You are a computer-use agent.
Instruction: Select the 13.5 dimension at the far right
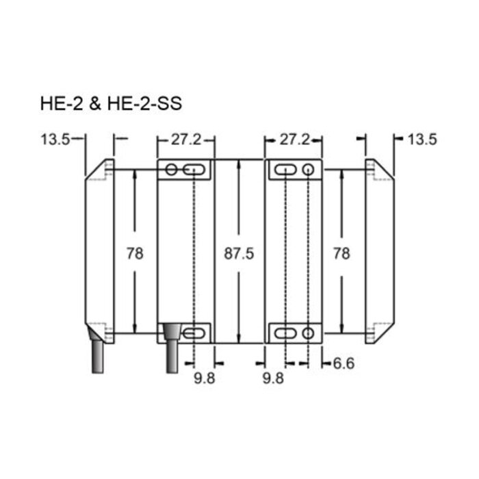click(422, 140)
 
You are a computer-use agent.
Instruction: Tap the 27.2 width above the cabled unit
click(186, 140)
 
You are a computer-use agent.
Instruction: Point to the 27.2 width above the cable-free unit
click(294, 140)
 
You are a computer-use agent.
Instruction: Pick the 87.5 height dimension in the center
click(239, 253)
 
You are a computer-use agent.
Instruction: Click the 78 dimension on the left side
click(135, 253)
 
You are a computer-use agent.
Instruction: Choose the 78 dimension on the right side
click(340, 253)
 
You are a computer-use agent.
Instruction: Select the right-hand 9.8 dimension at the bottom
click(274, 377)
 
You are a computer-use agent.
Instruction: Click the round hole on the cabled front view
click(171, 170)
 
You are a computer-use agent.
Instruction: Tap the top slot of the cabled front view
click(196, 170)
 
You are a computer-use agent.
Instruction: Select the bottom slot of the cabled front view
click(196, 333)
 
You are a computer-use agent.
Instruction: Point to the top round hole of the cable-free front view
click(309, 169)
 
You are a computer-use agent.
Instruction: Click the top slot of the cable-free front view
click(285, 169)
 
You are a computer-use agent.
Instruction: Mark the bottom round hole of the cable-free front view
click(309, 333)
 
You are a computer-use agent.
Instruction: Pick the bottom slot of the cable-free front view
click(285, 333)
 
